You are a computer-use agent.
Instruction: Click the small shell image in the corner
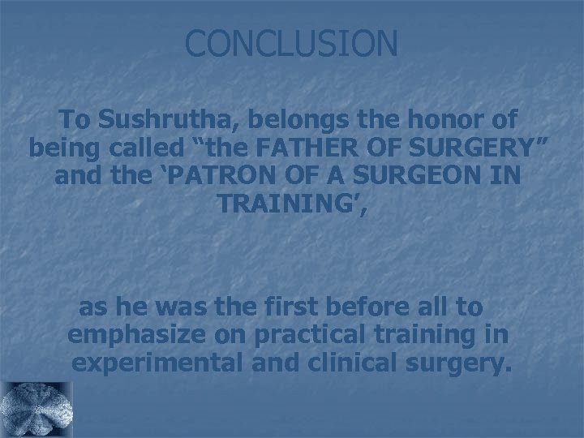tap(36, 410)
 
